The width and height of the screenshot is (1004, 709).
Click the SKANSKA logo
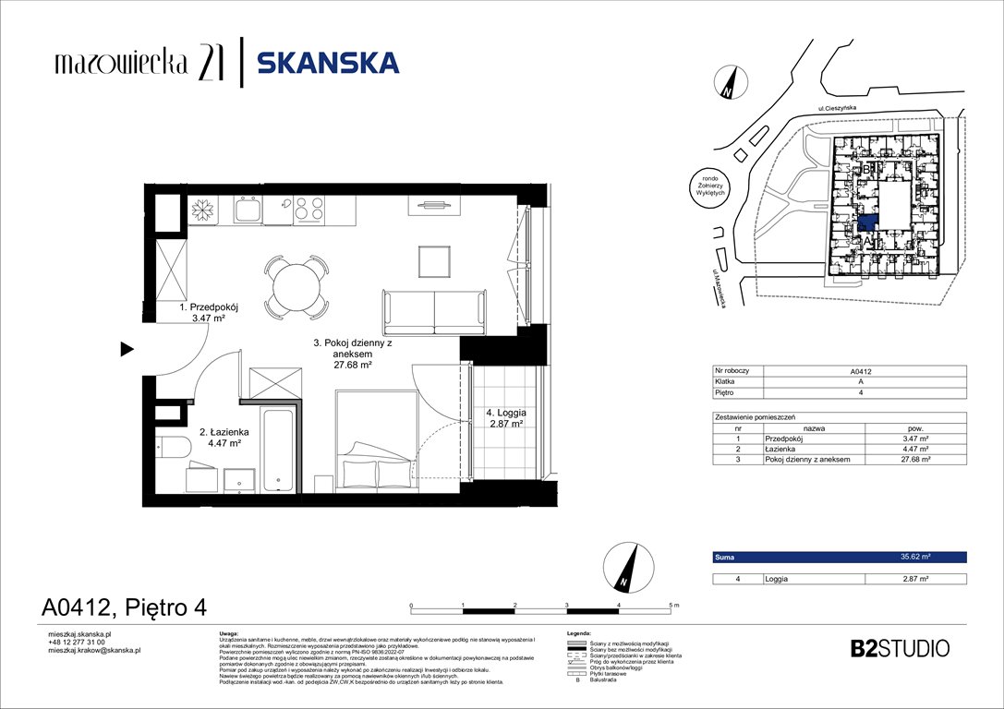pos(327,63)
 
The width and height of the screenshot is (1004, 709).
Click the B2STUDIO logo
pos(899,648)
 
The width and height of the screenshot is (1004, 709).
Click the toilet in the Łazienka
pos(174,447)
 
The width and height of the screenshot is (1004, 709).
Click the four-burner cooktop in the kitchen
pos(309,210)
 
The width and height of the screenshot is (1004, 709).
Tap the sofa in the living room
pos(433,312)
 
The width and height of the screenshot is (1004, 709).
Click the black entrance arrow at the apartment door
pos(127,349)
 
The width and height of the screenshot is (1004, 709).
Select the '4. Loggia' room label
pos(500,418)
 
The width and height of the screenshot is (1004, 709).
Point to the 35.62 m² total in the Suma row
pos(915,558)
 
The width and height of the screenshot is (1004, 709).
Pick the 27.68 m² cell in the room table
pos(913,459)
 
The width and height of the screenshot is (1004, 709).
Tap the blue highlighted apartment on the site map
pos(866,222)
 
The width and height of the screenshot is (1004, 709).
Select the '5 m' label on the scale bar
pos(672,605)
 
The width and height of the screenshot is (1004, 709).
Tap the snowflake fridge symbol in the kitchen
pos(200,210)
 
